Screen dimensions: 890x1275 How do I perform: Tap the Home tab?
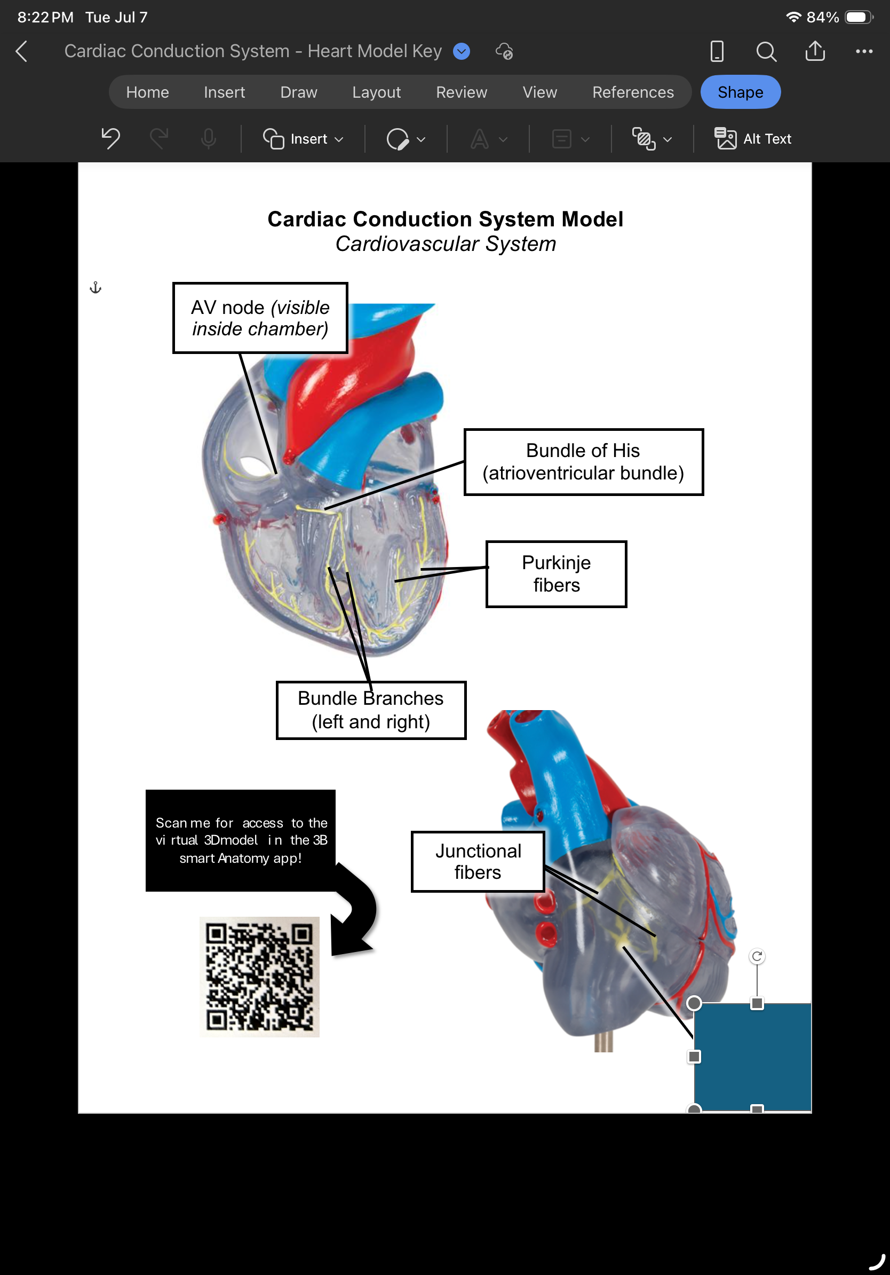[x=147, y=92]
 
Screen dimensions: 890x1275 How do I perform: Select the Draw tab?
[x=298, y=92]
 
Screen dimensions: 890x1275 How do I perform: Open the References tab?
[x=633, y=92]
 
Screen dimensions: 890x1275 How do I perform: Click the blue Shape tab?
[x=740, y=92]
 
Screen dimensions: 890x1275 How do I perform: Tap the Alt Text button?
[x=753, y=139]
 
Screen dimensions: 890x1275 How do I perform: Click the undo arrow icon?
[x=110, y=138]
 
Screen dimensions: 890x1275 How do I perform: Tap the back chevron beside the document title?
[x=22, y=51]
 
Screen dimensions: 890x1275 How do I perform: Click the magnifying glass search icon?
[x=766, y=51]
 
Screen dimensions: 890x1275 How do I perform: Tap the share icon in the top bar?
[x=815, y=51]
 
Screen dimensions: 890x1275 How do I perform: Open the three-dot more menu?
[x=864, y=51]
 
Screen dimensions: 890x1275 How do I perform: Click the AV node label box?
[x=260, y=318]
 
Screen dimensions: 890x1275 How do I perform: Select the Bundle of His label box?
[x=583, y=461]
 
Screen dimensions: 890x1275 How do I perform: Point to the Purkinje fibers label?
[x=556, y=573]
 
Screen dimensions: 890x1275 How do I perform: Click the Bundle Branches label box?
[x=371, y=710]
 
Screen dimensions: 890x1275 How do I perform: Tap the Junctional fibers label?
[x=478, y=861]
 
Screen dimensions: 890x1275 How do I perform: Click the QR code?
[x=259, y=977]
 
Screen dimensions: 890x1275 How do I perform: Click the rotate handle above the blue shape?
[x=757, y=956]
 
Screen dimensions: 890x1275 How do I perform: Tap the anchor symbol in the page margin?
[x=96, y=288]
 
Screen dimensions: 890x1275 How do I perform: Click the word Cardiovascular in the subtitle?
[x=407, y=244]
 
